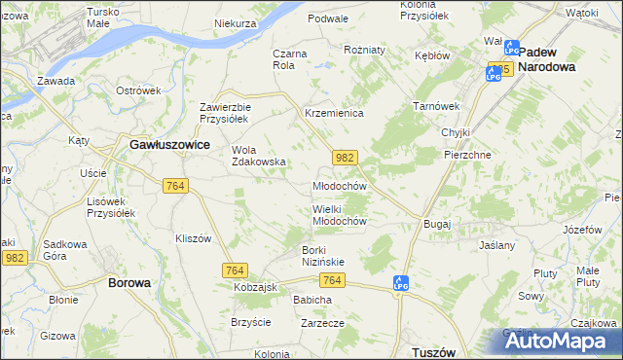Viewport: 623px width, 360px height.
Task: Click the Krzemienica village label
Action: pos(334,114)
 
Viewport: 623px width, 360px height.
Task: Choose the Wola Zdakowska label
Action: pos(257,156)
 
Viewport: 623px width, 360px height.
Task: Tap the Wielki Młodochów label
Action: pos(339,215)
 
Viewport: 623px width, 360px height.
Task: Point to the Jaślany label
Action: pos(496,246)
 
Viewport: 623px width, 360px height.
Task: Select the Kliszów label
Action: pos(193,238)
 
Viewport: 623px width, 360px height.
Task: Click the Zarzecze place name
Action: pos(324,322)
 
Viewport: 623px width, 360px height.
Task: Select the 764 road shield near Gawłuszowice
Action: pos(176,186)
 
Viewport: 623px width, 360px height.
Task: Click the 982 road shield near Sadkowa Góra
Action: pos(15,257)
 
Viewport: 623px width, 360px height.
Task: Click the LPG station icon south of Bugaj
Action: pos(400,282)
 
